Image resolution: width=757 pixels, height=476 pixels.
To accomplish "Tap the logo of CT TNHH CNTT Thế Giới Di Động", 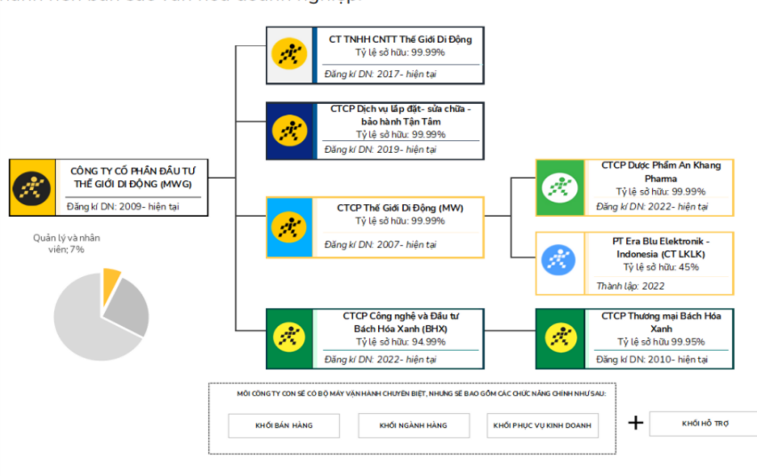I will coord(289,55).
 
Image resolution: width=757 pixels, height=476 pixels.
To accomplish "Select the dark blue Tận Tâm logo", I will coord(289,131).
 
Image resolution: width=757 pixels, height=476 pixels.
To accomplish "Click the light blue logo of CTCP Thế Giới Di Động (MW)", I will coord(289,226).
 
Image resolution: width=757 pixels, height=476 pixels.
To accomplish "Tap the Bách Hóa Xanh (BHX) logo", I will coord(289,337).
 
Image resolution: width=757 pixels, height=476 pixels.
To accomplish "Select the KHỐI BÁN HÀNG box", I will coord(284,425).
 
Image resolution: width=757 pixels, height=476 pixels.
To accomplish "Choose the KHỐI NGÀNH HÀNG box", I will coord(414,425).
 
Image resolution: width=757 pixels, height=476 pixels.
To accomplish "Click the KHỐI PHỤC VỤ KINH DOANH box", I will coord(543,425).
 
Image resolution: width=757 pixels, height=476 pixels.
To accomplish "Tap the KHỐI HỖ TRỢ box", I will coord(705,424).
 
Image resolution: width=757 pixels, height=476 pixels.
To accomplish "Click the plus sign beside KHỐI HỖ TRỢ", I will coord(635,423).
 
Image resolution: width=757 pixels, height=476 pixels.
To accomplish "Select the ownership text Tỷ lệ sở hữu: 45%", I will coord(660,266).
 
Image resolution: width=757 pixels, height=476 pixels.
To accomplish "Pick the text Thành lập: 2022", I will coord(630,286).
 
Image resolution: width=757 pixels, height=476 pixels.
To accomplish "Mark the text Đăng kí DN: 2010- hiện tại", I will coord(652,360).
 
